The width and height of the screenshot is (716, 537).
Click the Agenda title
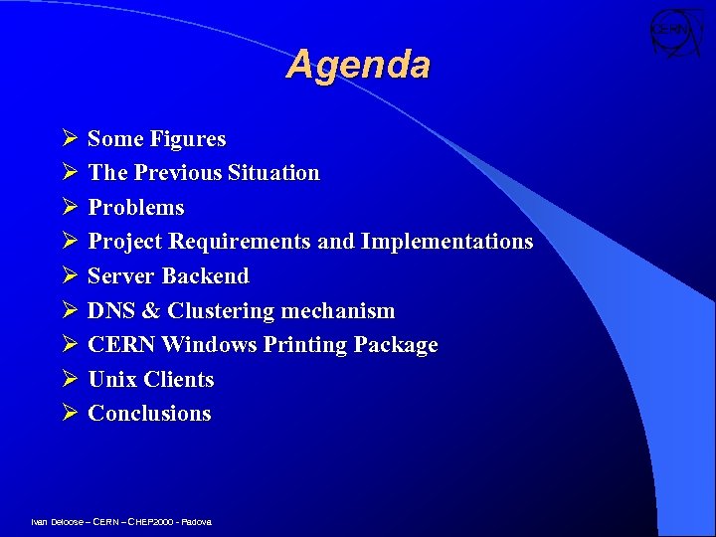tap(358, 66)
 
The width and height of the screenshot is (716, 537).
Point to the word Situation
tap(273, 173)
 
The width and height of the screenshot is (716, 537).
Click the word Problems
tap(136, 208)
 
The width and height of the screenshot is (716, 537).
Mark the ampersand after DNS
tap(151, 311)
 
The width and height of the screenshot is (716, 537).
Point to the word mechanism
tap(338, 311)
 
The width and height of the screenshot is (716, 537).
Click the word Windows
tap(208, 345)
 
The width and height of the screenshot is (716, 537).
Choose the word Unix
tap(112, 380)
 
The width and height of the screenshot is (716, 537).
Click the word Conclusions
tap(149, 414)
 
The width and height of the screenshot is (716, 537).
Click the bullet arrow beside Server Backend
tap(69, 276)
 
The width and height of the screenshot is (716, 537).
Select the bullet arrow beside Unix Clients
tap(69, 380)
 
